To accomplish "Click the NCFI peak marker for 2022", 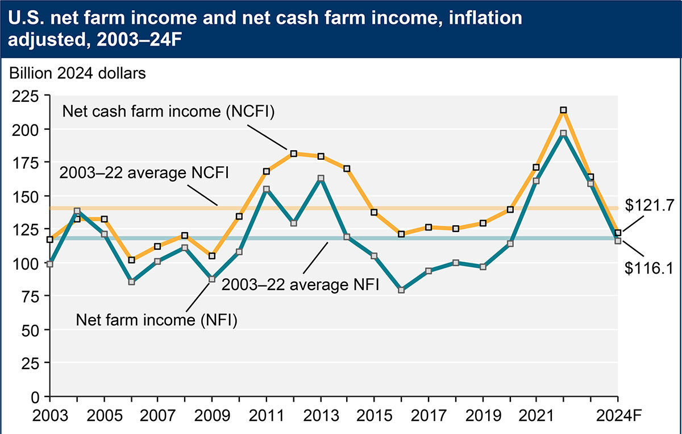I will [x=563, y=110].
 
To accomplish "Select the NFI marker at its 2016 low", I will [x=401, y=290].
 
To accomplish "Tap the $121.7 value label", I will [x=648, y=206].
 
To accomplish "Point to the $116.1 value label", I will [x=648, y=268].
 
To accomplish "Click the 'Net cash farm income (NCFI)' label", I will [x=169, y=111].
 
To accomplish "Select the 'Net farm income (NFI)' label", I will [x=156, y=320].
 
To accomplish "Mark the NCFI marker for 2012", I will [x=293, y=154].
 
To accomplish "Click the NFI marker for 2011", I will [x=267, y=189].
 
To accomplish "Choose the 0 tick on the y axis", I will [x=36, y=396].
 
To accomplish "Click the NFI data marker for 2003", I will [x=50, y=264].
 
